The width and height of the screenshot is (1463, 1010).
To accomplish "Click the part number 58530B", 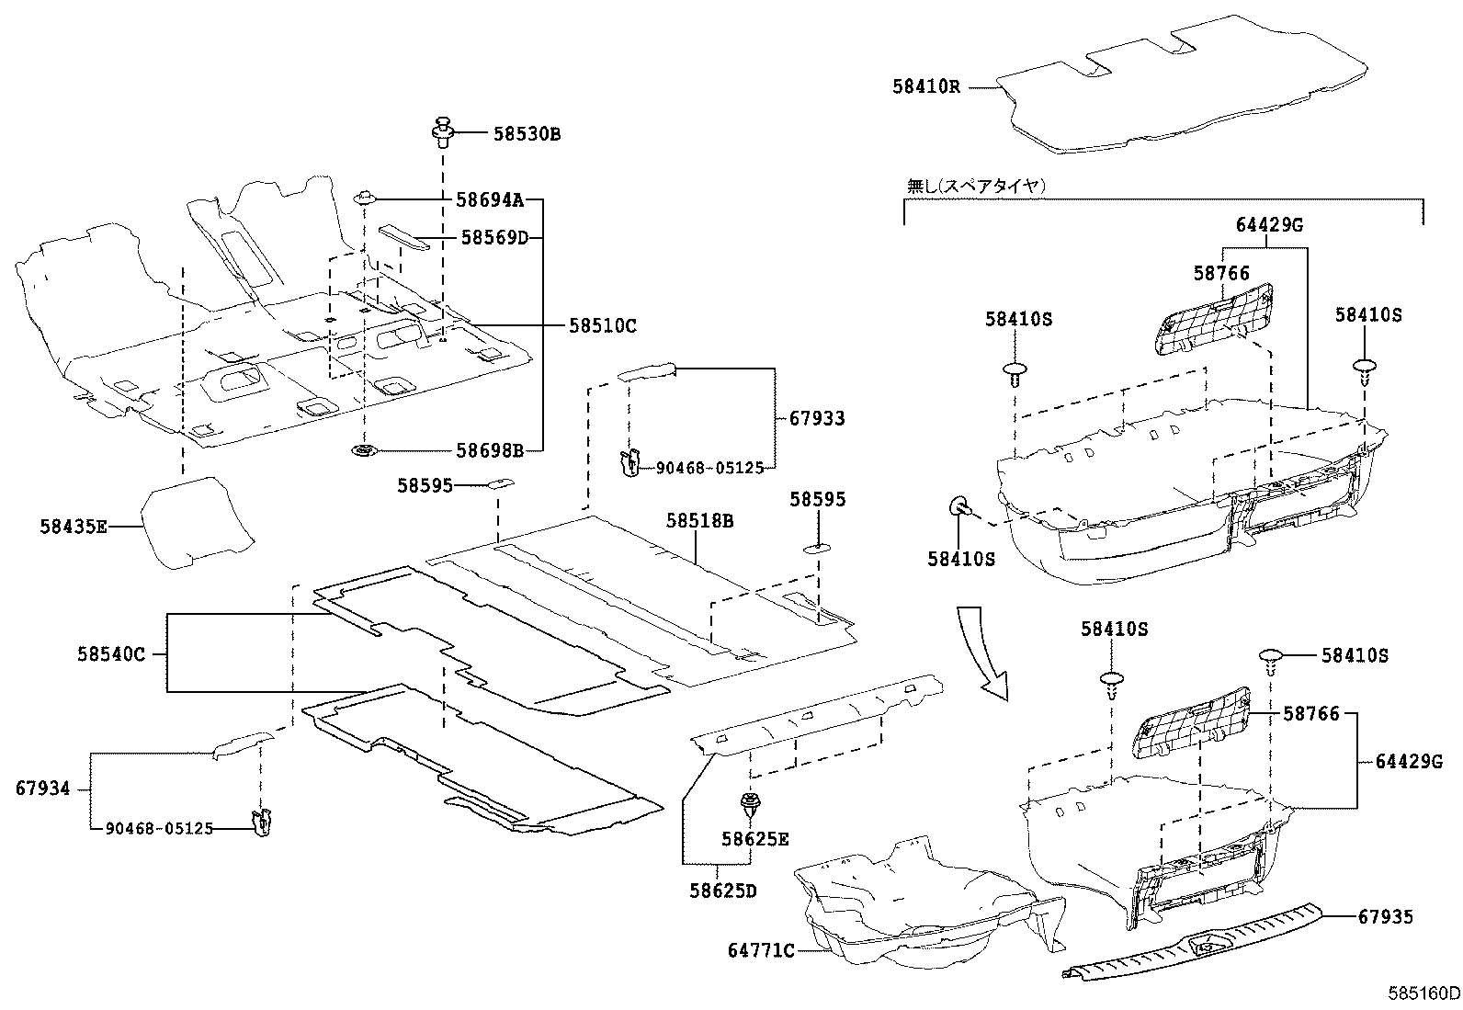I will coord(526,134).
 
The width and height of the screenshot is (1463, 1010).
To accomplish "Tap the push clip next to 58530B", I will coord(444,132).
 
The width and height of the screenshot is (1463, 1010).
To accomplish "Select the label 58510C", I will coord(602,325).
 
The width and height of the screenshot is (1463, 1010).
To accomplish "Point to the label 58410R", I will coord(925,87).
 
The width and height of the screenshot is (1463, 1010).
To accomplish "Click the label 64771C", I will coord(761,950).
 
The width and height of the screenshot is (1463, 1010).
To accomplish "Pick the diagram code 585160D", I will coord(1423,993).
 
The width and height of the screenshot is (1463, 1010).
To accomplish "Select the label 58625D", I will coord(723,890).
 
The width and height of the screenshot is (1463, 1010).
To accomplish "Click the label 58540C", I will coord(111,654).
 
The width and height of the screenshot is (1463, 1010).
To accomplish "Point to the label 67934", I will coord(42,789).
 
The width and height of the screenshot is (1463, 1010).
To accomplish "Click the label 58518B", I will coord(700,521).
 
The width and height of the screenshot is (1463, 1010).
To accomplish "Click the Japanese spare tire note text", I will coord(976,186).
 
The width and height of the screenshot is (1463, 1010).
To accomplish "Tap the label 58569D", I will coord(494,237).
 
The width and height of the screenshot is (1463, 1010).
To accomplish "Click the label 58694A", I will coord(490,199).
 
